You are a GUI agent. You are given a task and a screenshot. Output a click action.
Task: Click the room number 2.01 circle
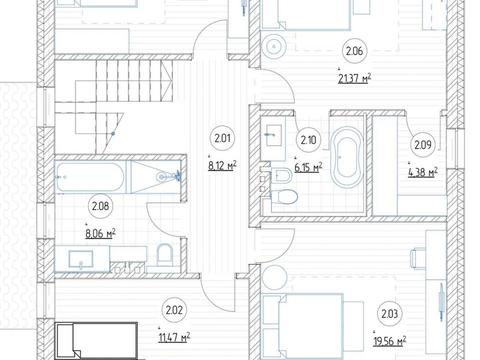tap(222, 138)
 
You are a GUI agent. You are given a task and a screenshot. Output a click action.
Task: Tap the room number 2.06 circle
tap(354, 51)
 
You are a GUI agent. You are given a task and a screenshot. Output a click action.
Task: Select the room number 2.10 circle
tap(308, 140)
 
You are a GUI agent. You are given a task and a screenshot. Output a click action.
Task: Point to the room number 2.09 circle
tap(423, 145)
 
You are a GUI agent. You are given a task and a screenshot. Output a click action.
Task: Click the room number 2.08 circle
tap(100, 206)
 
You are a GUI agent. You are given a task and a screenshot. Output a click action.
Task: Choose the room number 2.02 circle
tap(174, 310)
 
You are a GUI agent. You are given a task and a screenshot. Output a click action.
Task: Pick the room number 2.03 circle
tap(389, 314)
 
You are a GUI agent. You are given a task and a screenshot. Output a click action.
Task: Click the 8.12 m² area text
tap(223, 165)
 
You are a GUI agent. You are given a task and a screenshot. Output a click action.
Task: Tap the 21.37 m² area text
tap(354, 79)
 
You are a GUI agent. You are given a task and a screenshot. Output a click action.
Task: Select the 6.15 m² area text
tap(308, 167)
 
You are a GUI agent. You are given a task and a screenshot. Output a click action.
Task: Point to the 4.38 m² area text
tap(423, 173)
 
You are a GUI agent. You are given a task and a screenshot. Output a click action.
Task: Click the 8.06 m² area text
tap(100, 234)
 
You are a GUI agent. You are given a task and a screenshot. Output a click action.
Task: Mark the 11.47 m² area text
tap(174, 338)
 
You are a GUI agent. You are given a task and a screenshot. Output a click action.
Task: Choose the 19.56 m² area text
tap(389, 341)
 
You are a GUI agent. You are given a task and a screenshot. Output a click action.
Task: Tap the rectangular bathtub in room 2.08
tap(91, 177)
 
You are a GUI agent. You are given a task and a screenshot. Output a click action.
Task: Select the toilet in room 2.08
tap(164, 253)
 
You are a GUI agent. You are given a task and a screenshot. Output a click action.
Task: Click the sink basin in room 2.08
tap(81, 260)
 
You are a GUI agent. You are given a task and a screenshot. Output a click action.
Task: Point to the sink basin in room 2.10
tap(274, 135)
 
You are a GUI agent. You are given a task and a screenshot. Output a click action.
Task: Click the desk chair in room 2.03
tap(417, 258)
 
